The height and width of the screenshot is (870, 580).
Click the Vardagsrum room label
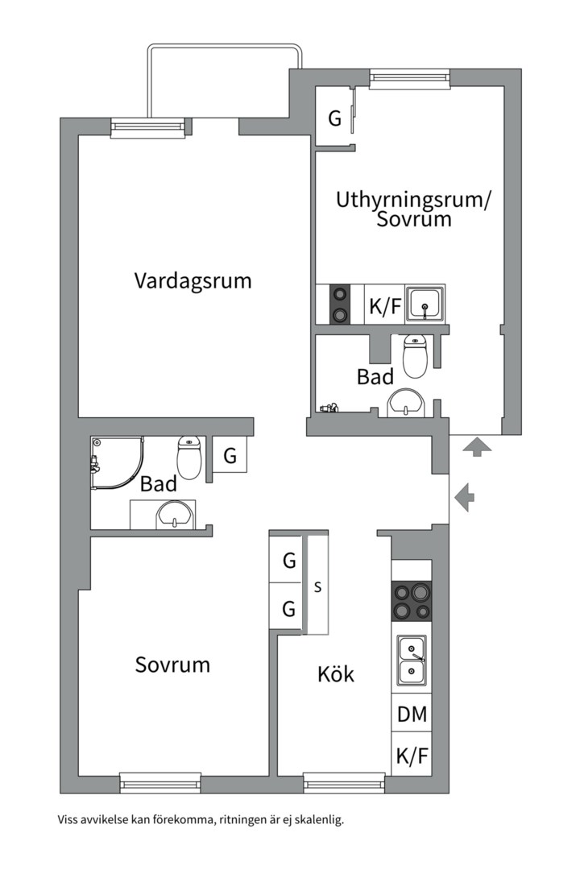[193, 281]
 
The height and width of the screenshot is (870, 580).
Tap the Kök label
[336, 674]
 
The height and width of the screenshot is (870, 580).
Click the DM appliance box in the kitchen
[412, 714]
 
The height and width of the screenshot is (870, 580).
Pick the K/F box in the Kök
[412, 756]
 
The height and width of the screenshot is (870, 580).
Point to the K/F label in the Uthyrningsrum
[384, 306]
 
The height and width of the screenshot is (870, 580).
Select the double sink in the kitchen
[412, 658]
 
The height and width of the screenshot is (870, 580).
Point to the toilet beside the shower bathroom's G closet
[188, 457]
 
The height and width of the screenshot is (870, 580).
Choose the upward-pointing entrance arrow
[477, 445]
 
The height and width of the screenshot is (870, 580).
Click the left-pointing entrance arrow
[465, 497]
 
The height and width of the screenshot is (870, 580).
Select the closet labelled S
[317, 586]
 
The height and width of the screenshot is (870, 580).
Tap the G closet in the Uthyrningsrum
[334, 118]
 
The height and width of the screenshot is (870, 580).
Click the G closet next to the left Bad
[230, 457]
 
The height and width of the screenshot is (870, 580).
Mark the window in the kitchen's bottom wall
[344, 782]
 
